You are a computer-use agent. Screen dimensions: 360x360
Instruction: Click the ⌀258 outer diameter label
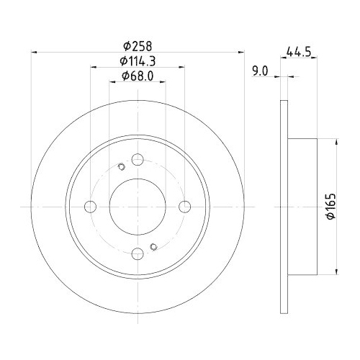137,45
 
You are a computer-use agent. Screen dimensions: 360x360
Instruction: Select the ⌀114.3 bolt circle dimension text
137,61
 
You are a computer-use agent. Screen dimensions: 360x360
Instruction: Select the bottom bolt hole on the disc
137,252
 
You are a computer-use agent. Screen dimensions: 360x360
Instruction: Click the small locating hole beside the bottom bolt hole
153,248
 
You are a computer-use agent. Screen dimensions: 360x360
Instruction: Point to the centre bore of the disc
137,206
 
